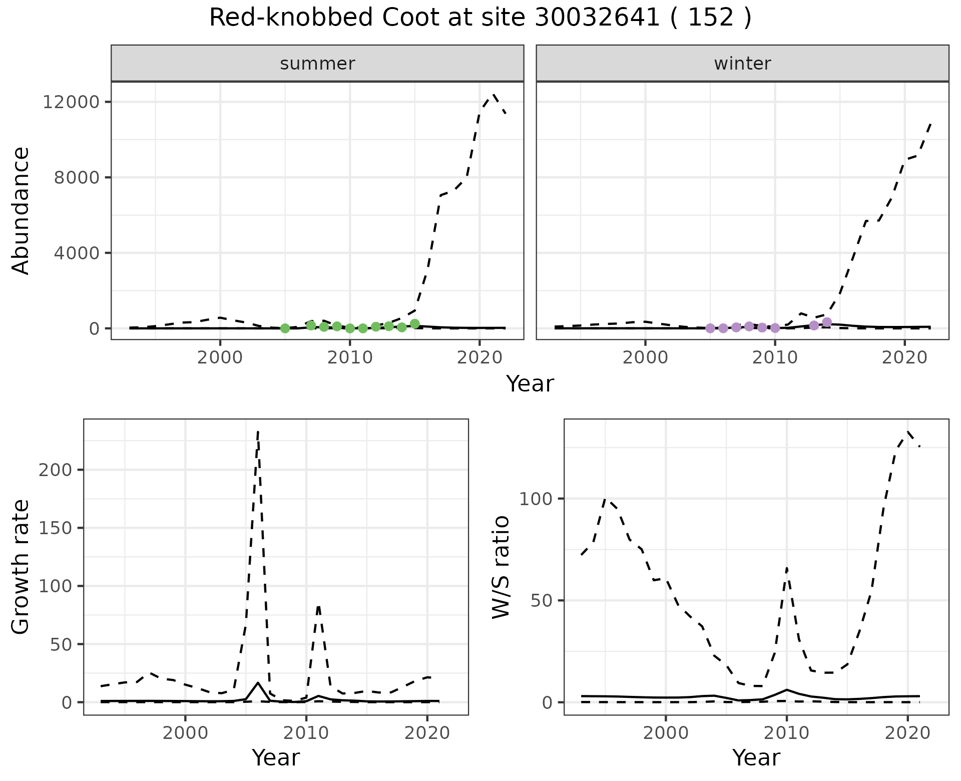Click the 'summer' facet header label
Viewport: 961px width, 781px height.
(317, 64)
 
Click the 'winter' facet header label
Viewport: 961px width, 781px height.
(742, 64)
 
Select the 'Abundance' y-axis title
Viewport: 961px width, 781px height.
(21, 210)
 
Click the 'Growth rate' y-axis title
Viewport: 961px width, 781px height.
(21, 567)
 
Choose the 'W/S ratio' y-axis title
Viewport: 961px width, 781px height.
(501, 567)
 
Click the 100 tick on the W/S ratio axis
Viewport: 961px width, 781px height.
(536, 499)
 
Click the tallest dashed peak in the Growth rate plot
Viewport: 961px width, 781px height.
(258, 432)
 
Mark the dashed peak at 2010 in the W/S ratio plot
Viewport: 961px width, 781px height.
(787, 568)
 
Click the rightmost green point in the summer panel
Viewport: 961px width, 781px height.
(414, 324)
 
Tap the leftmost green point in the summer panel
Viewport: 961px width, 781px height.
(285, 328)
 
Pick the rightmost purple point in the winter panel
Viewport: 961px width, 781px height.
(827, 322)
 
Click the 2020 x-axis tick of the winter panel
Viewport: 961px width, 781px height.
(904, 357)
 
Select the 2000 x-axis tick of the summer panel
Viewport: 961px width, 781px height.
(220, 357)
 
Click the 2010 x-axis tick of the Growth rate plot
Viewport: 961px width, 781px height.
(306, 733)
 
